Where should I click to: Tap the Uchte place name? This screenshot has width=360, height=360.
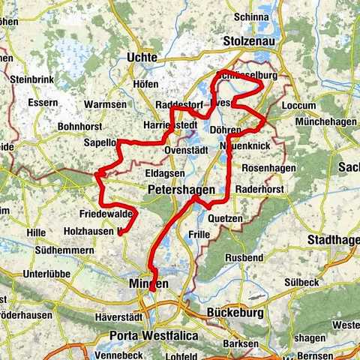point(142,58)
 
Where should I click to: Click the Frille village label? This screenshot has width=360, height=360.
point(199,235)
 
